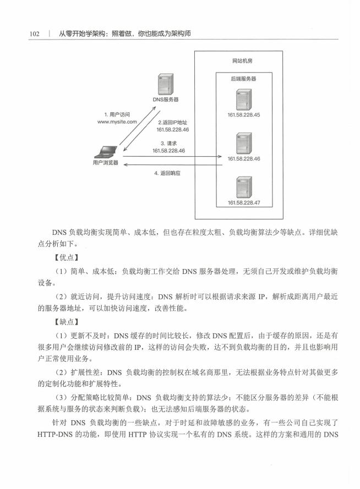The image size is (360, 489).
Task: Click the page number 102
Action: (x=34, y=34)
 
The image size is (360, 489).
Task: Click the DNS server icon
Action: (x=166, y=84)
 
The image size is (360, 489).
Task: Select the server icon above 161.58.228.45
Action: (x=243, y=100)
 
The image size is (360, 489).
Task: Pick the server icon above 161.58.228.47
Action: (x=244, y=187)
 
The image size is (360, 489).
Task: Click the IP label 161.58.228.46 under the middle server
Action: (x=244, y=159)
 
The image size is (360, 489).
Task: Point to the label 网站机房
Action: (x=242, y=61)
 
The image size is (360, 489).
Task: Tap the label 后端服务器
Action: (x=243, y=79)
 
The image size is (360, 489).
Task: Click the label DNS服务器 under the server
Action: (x=165, y=100)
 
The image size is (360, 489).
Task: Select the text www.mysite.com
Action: (x=117, y=122)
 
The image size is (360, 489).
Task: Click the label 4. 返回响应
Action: (x=167, y=173)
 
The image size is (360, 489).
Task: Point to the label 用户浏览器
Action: (x=106, y=163)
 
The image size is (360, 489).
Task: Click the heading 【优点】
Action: (x=67, y=257)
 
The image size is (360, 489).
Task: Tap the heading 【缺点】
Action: (x=67, y=322)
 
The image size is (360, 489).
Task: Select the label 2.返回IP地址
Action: (x=172, y=123)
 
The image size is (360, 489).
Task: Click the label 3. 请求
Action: (x=168, y=144)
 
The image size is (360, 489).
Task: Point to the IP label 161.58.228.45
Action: (x=244, y=115)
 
